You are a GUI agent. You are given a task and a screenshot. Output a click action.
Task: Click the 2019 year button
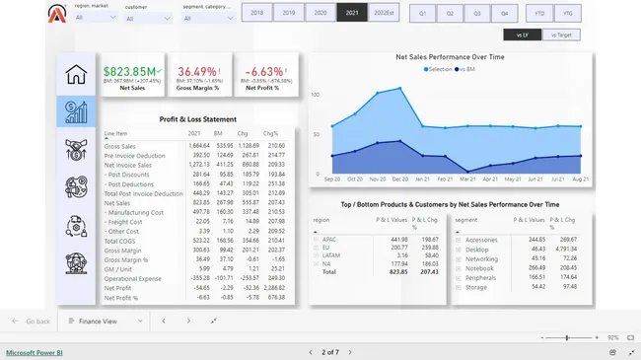pos(288,13)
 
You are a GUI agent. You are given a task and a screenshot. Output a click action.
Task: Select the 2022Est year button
pos(384,13)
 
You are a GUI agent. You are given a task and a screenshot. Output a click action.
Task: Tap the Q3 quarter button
pos(476,13)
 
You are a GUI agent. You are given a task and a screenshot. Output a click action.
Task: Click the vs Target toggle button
pos(559,36)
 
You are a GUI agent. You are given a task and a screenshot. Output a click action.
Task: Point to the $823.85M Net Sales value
pos(130,71)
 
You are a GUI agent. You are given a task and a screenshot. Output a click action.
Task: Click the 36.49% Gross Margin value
pos(196,71)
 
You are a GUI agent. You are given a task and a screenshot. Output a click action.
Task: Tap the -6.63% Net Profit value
pos(263,71)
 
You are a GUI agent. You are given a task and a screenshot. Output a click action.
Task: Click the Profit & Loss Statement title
pos(198,119)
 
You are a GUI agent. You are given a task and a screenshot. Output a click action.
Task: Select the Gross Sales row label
pos(119,146)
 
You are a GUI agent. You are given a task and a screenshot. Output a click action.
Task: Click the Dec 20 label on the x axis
pos(399,179)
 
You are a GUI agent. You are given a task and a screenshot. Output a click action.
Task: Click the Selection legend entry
pos(438,69)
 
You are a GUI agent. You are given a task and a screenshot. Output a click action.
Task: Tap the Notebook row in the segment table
pos(479,266)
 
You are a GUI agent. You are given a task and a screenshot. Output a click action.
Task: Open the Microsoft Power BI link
pos(35,351)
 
